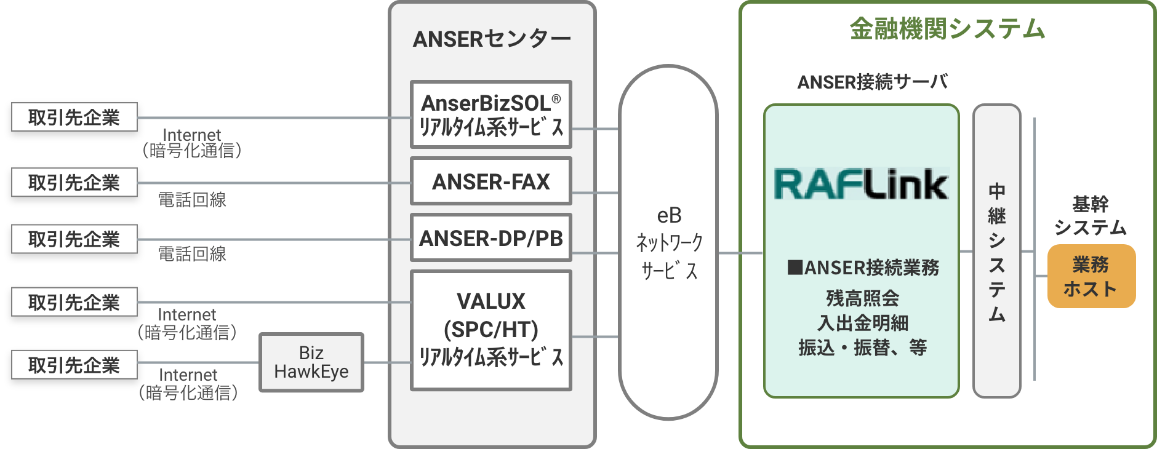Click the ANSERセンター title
(x=492, y=39)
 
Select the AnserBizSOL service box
(x=491, y=114)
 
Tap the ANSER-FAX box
(x=491, y=181)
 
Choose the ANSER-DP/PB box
(x=491, y=238)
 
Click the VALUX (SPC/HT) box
(x=491, y=330)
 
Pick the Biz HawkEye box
(x=311, y=362)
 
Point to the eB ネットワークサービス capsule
(x=669, y=243)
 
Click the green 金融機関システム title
(x=947, y=29)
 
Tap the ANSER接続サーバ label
(x=873, y=82)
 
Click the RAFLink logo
(x=862, y=184)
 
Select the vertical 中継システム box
(x=997, y=251)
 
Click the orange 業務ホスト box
(x=1091, y=276)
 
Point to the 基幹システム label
(x=1090, y=215)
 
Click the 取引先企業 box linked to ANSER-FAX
(x=74, y=183)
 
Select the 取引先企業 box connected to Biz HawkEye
(x=74, y=365)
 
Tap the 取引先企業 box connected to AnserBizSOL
(x=74, y=117)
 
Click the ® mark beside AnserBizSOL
(x=556, y=99)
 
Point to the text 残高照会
(x=862, y=298)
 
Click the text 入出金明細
(x=862, y=323)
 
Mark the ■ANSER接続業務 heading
(x=863, y=268)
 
